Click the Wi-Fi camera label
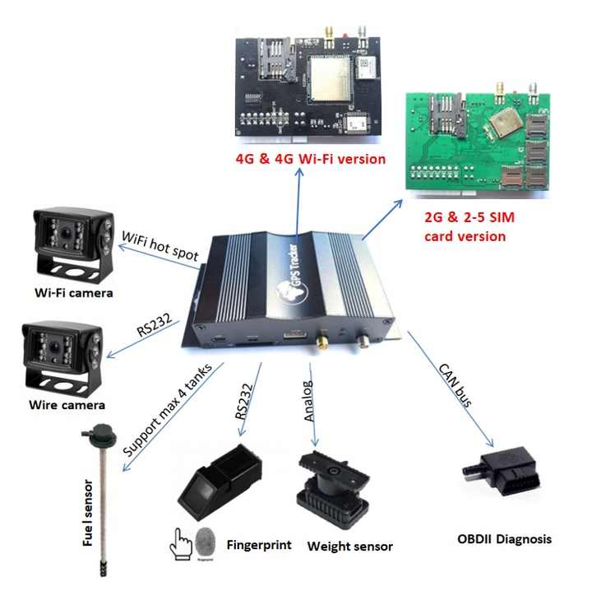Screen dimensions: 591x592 tap(72, 293)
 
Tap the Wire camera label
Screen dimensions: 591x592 tap(67, 404)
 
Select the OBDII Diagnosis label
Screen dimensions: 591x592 tap(504, 539)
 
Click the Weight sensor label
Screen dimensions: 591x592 tap(349, 546)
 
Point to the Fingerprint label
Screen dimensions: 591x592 tap(259, 544)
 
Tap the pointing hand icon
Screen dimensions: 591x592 tap(180, 542)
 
